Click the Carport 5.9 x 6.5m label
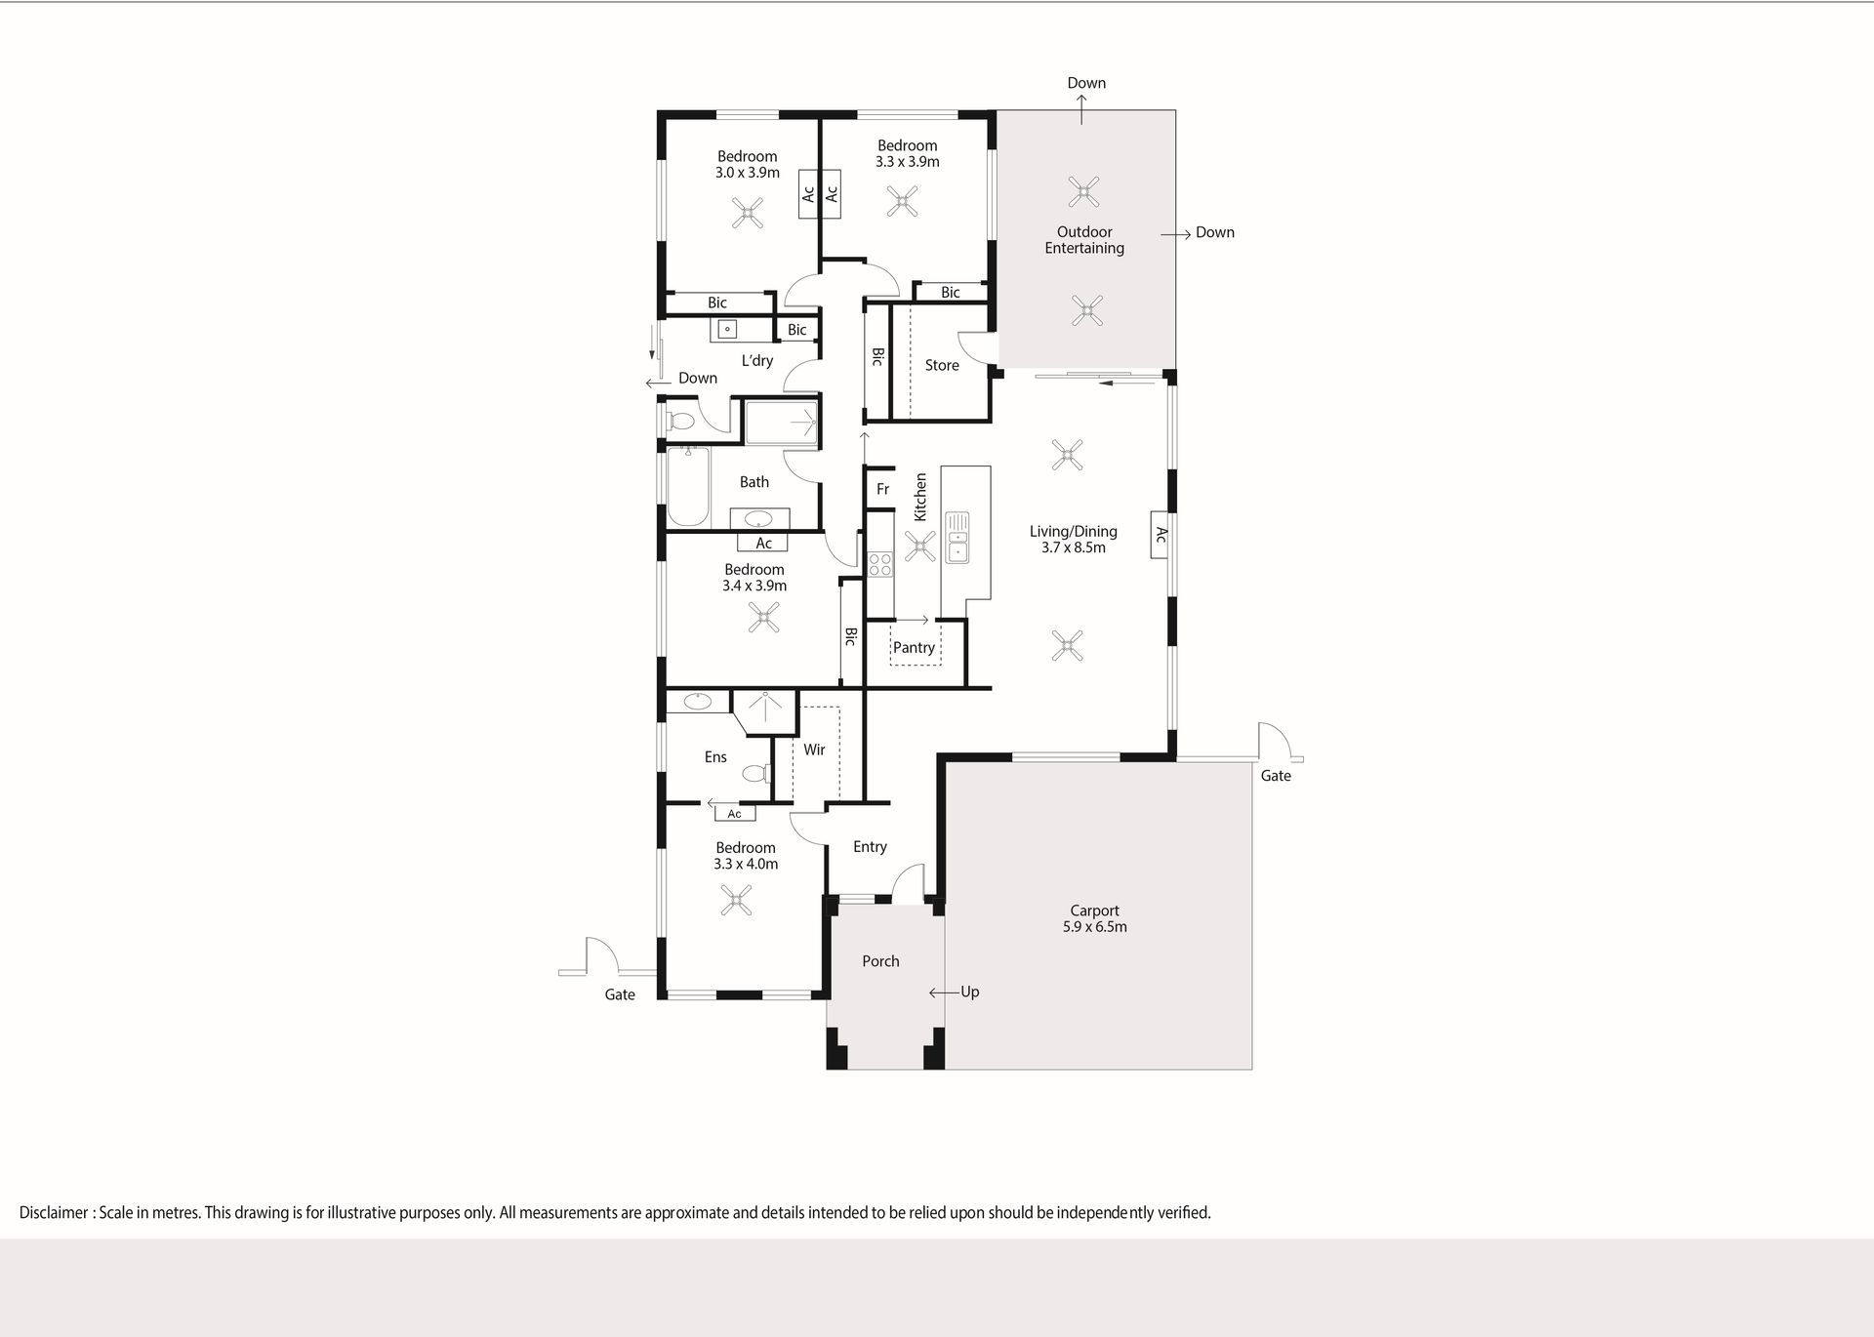1094,918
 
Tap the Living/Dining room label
1073,539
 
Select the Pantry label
914,647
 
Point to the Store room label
942,365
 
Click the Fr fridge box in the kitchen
882,489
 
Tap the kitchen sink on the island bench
957,537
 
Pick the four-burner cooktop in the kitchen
880,564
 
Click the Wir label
814,750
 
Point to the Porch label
880,961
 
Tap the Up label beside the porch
969,993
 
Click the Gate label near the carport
1276,776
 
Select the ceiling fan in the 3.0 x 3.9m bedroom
748,213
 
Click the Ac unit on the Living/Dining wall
1160,535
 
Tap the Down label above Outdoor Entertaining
1086,83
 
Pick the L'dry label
756,360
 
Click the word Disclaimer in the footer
54,1213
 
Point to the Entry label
870,847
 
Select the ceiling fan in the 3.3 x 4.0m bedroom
736,900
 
